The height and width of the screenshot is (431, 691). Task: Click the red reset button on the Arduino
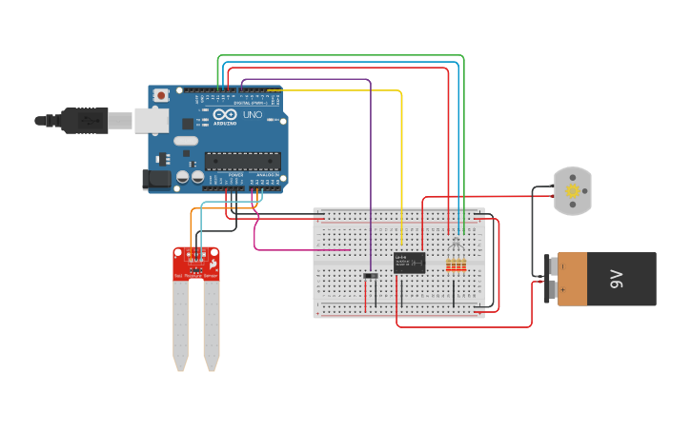(161, 95)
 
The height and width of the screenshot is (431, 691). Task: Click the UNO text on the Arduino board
(253, 115)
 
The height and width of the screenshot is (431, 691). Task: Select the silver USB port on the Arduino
(151, 121)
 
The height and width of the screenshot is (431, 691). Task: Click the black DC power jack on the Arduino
(155, 179)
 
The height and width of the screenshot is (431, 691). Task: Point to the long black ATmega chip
(242, 161)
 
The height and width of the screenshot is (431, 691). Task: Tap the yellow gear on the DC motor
(572, 190)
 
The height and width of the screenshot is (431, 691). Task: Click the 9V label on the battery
(616, 279)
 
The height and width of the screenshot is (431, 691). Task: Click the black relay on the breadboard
(409, 263)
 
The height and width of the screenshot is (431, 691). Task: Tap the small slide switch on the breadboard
(371, 276)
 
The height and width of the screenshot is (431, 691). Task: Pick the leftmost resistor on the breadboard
(449, 266)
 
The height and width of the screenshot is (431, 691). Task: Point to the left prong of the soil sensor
(180, 323)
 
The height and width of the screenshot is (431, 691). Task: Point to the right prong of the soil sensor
(212, 323)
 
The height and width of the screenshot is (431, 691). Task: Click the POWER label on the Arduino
(235, 175)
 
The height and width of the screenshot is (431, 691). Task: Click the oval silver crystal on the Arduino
(186, 141)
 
